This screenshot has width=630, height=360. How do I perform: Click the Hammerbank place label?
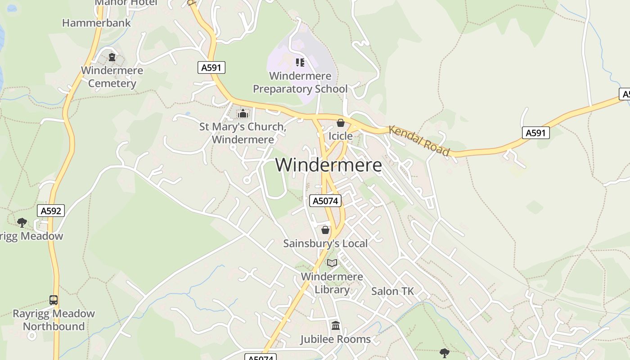coord(96,23)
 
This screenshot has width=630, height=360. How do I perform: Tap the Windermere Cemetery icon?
coord(112,57)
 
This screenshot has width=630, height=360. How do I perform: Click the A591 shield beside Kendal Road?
coord(536,133)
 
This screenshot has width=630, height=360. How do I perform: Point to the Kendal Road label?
coord(419,140)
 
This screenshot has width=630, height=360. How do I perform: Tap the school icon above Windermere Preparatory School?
coord(300,63)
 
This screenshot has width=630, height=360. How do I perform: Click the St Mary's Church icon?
coord(243,113)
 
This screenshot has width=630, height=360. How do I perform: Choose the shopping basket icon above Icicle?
coord(341,123)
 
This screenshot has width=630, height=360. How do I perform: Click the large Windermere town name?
coord(328,165)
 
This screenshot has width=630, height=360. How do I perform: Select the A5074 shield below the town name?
coord(325,201)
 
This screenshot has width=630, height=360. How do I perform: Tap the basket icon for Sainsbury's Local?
coord(325,230)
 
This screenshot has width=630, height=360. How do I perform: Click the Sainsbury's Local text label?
coord(325,243)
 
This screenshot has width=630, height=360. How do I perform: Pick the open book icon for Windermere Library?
coord(332,263)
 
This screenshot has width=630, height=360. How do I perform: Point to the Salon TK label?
coord(392,291)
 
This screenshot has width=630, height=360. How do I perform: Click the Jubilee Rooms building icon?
coord(335,326)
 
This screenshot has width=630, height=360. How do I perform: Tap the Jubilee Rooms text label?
coord(335,339)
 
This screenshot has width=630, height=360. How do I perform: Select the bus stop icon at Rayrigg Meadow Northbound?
coord(54,300)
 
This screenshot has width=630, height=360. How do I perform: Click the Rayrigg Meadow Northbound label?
coord(54,320)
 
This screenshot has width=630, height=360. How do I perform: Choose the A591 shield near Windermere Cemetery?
coord(211,68)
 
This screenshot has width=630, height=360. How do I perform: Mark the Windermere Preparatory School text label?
coord(300,82)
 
